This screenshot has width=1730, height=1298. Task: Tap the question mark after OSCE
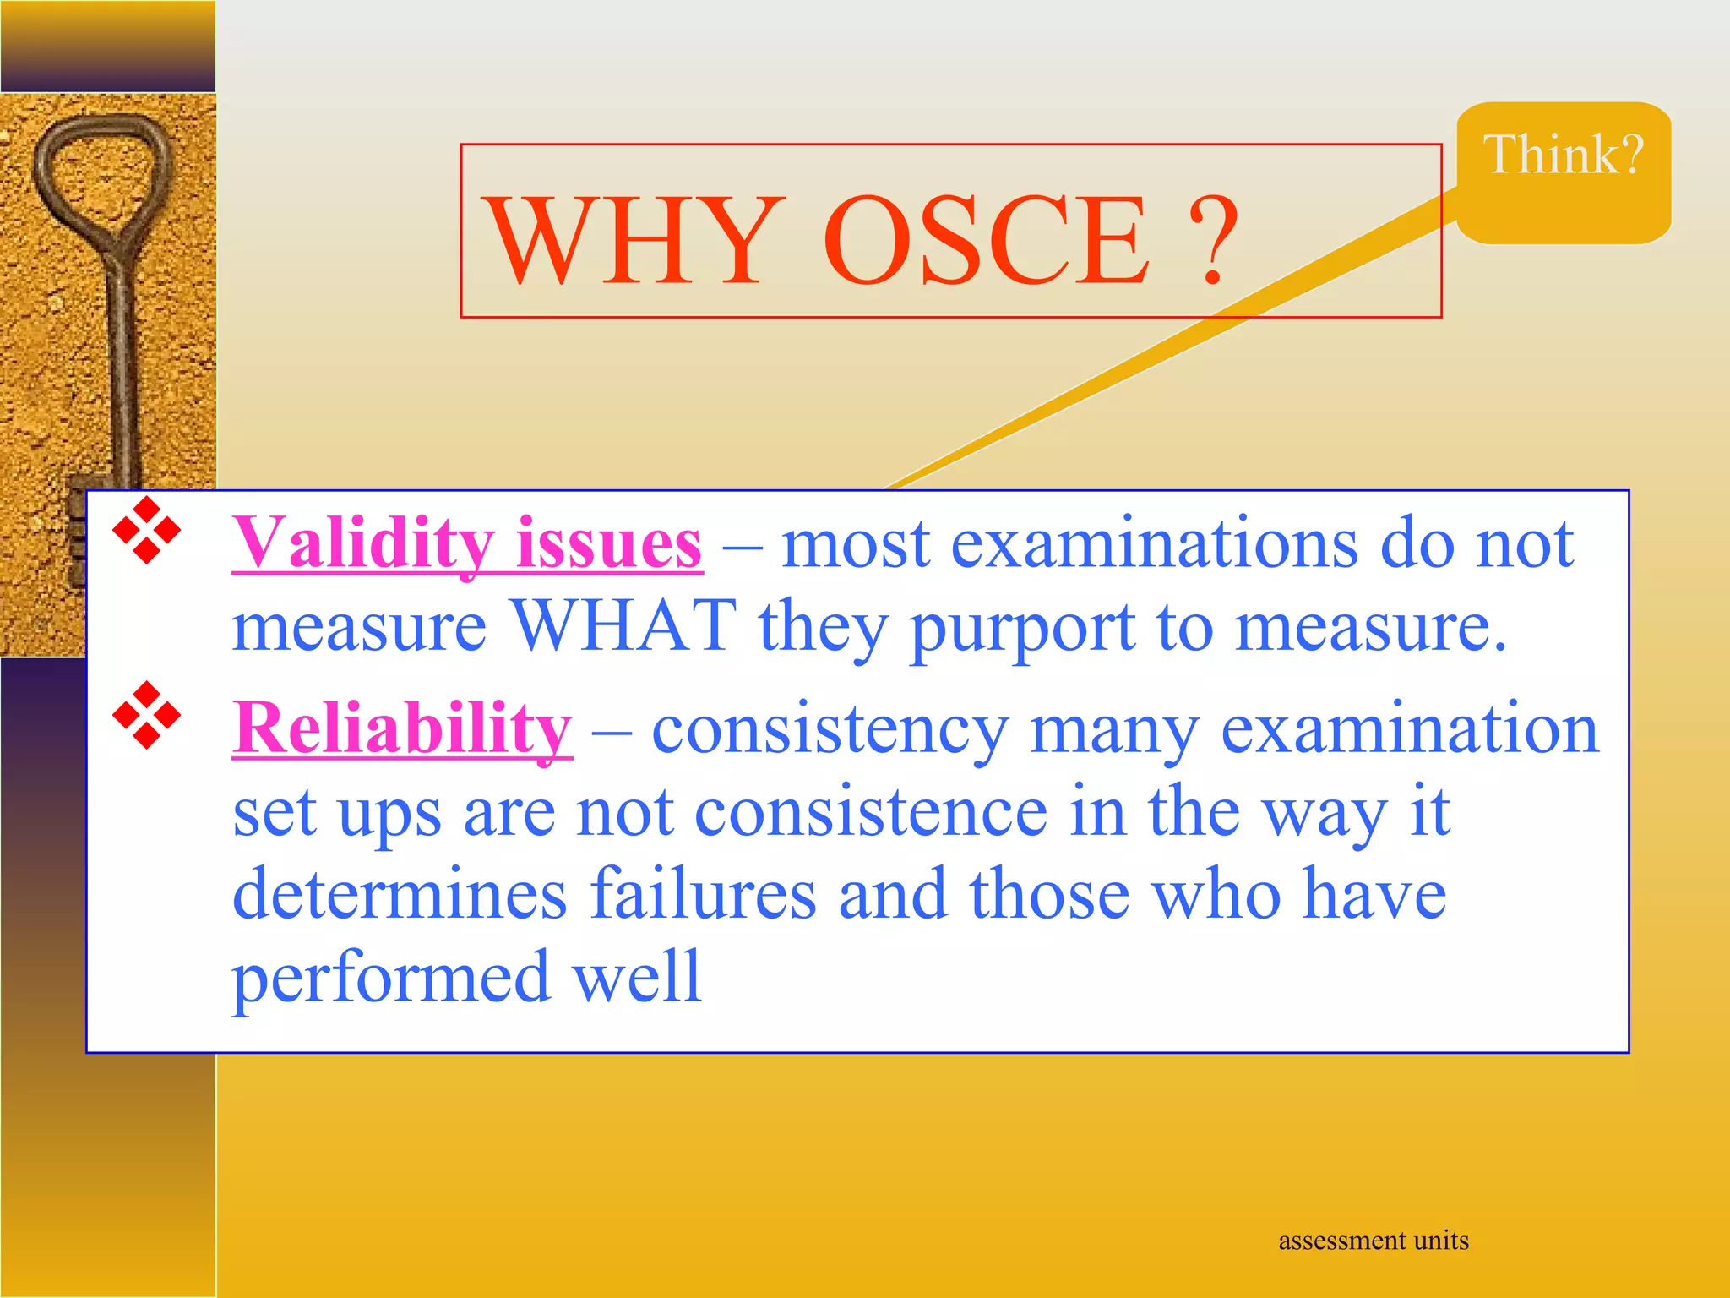click(1213, 241)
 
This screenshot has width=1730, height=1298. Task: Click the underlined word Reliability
click(402, 728)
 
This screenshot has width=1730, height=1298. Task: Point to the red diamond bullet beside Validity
click(147, 531)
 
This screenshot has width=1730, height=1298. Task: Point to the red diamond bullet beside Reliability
click(147, 715)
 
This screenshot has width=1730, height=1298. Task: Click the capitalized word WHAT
click(624, 626)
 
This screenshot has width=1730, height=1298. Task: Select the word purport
click(1022, 630)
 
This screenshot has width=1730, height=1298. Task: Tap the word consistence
click(872, 812)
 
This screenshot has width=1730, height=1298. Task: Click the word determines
click(400, 894)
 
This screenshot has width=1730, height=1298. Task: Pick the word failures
click(704, 894)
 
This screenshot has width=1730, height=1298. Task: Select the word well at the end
click(637, 977)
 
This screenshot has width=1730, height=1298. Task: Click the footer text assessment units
click(1373, 1241)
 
